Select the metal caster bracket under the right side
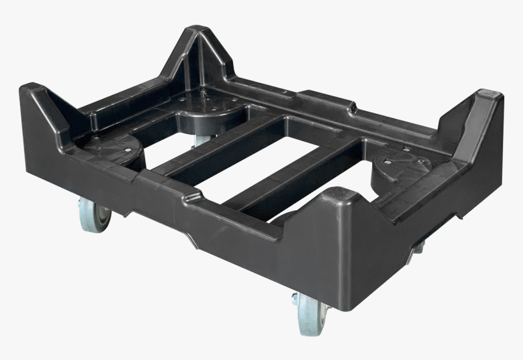418,246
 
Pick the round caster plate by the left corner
112,147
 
